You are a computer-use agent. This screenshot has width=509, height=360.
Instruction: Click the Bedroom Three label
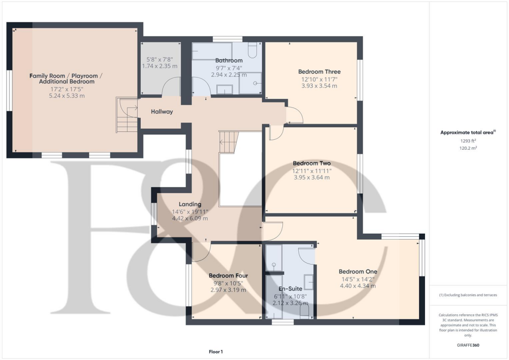319,72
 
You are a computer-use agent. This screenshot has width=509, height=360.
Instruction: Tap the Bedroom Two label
312,163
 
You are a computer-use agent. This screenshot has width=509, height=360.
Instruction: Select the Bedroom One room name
358,271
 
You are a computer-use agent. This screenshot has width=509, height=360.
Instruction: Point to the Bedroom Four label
228,275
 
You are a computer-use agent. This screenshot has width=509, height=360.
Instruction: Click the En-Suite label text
291,288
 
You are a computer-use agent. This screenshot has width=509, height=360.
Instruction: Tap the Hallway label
162,112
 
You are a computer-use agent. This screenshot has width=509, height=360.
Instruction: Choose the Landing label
189,204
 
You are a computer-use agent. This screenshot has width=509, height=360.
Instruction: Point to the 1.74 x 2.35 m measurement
160,66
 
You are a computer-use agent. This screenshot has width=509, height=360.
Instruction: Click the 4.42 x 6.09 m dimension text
189,218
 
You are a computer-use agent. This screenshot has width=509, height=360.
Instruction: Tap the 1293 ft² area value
468,141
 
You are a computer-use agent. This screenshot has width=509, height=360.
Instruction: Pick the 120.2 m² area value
468,148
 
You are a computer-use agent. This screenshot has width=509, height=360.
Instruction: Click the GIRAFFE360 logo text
468,345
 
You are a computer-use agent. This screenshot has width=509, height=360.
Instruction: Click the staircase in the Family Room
127,115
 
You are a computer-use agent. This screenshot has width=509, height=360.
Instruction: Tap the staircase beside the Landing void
229,142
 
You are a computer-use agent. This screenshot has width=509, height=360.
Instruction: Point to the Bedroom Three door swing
295,115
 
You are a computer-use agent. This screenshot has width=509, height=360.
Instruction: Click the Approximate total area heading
467,132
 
